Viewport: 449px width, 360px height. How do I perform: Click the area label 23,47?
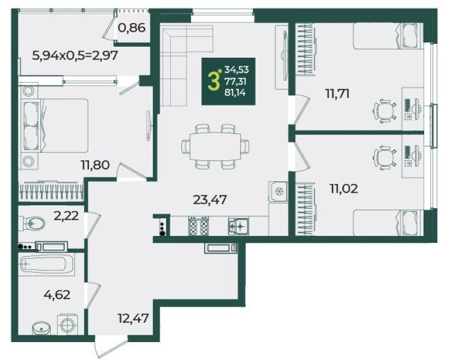click(x=210, y=200)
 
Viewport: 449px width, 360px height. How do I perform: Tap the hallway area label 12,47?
click(x=133, y=318)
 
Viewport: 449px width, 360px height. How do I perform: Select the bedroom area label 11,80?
click(x=95, y=165)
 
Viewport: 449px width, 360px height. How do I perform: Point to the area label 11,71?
click(x=337, y=93)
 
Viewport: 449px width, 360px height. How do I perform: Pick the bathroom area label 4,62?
click(x=57, y=294)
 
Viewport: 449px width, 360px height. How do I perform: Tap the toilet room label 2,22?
click(x=66, y=216)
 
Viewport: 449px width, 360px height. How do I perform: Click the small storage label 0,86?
click(x=132, y=28)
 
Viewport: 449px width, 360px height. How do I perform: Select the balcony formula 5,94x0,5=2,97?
click(x=75, y=55)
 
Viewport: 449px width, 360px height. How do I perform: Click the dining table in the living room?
click(x=215, y=146)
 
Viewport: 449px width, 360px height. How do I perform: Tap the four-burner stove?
click(x=198, y=226)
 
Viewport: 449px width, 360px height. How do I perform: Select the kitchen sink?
click(x=238, y=226)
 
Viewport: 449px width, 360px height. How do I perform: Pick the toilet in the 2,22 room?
click(x=32, y=223)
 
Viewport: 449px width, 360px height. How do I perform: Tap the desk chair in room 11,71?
click(x=385, y=110)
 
